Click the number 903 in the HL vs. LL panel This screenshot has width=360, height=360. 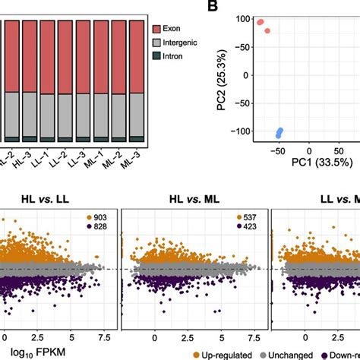click(100, 218)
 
